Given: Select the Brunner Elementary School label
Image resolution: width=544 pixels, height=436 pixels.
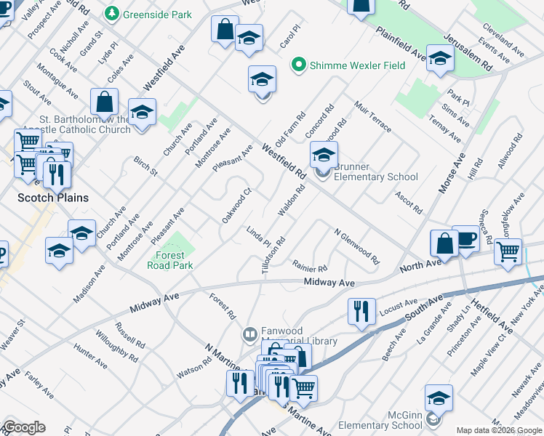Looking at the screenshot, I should [375, 177].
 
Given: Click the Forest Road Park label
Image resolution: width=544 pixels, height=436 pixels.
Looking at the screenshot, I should [175, 260].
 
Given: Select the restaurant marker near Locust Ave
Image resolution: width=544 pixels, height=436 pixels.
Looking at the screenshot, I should [361, 311].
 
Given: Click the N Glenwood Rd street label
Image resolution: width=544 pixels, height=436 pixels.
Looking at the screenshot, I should [356, 246].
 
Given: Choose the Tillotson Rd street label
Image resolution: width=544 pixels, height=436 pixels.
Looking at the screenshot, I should [273, 255].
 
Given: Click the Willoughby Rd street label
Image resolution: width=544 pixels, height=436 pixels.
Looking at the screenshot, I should [116, 347].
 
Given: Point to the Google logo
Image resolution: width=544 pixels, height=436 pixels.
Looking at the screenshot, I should [23, 427].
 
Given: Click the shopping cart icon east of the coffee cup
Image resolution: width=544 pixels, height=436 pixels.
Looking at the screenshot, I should [508, 251].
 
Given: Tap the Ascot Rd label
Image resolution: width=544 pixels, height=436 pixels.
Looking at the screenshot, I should [409, 202].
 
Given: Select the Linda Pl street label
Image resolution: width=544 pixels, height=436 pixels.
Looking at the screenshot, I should [258, 235].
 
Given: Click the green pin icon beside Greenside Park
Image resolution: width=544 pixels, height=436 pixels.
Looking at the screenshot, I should [111, 13].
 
